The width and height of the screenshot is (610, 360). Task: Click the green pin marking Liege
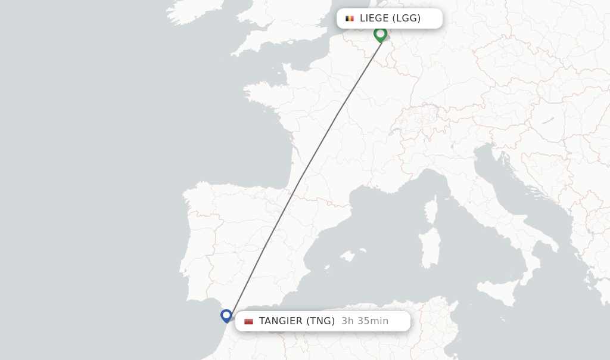pos(380,33)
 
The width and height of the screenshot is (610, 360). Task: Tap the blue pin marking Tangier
pos(226,315)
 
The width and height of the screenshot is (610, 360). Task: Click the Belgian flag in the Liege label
pos(350,18)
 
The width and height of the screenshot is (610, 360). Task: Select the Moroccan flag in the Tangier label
pos(248,321)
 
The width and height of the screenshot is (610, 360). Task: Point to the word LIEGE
pos(374,18)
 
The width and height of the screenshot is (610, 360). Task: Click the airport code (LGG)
pos(406,18)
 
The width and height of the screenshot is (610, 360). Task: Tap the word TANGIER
pos(281,321)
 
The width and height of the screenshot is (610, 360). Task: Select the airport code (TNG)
pos(320,321)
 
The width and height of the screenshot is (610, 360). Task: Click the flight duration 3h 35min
pos(365,321)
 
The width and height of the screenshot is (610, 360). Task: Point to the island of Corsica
pos(430,212)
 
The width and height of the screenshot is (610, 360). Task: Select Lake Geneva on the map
pos(396,129)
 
